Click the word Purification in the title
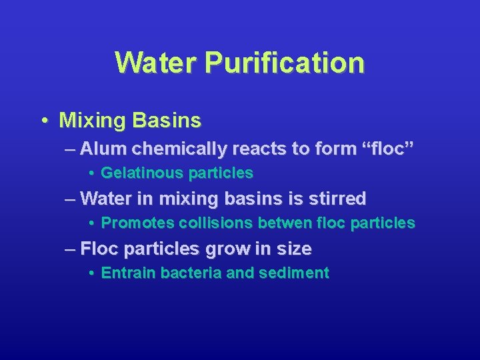[285, 63]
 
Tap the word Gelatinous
[142, 173]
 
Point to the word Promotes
[138, 223]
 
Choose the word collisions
[212, 223]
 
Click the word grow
[226, 249]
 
